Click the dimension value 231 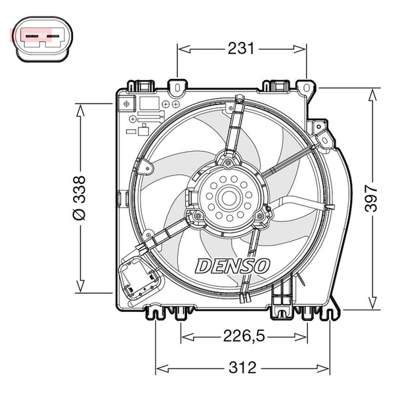(x=241, y=49)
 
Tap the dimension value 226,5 (x=244, y=336)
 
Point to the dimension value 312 (x=242, y=367)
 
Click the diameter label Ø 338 (x=79, y=198)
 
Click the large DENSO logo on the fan (x=232, y=266)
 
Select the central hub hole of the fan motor (x=229, y=197)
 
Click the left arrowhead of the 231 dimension (x=184, y=49)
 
